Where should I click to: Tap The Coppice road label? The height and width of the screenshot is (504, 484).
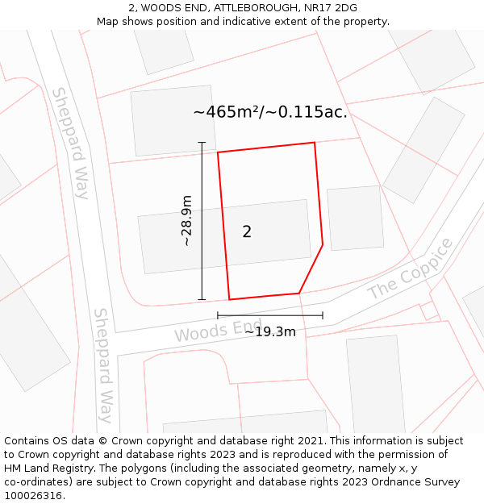[x=411, y=269]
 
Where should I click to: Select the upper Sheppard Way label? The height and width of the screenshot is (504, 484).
[x=70, y=143]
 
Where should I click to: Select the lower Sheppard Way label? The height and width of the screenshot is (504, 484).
[x=102, y=364]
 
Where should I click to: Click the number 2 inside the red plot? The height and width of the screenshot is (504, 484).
[x=247, y=231]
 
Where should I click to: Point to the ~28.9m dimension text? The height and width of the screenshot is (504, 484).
[x=186, y=220]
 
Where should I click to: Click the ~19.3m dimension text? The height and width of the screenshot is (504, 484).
[x=270, y=331]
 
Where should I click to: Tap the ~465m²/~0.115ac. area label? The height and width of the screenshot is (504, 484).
[x=270, y=112]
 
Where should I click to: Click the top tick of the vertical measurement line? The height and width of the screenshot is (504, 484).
[x=202, y=143]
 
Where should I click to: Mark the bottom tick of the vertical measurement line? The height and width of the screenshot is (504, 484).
[x=202, y=299]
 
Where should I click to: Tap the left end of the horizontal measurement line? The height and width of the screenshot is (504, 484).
[x=218, y=315]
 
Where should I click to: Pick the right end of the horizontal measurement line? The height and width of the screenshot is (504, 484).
[x=323, y=315]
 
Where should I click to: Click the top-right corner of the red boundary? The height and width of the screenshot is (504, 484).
[x=314, y=143]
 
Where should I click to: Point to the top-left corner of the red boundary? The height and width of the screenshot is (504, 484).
[x=218, y=152]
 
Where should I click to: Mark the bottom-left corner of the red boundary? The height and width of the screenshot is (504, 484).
[x=229, y=299]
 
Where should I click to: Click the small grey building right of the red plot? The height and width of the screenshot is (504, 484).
[x=355, y=218]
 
